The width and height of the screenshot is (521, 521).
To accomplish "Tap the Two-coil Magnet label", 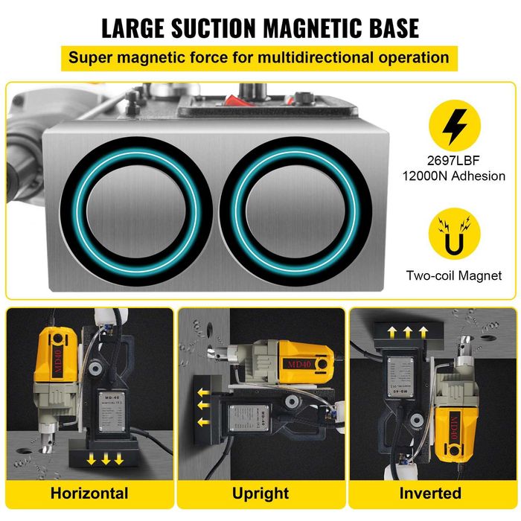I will (454, 275).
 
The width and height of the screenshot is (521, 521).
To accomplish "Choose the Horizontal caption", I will (89, 493).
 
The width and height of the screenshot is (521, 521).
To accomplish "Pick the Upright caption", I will (260, 493).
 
